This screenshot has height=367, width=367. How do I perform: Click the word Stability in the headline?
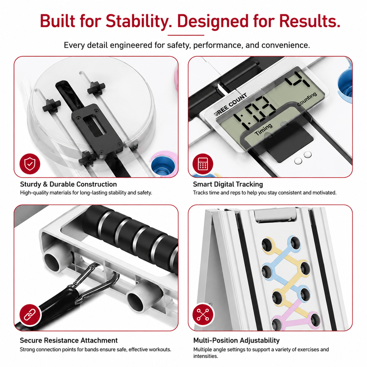pos(139,21)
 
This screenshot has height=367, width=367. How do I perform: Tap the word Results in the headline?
pos(310,21)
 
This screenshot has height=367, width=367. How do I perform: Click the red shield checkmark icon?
pos(30,163)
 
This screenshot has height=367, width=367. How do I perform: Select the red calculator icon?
pos(203,163)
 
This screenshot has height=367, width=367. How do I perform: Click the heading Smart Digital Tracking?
pos(228,185)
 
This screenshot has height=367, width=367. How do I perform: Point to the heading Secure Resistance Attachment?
pos(69,340)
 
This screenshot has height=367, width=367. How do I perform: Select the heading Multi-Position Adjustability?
pos(237,340)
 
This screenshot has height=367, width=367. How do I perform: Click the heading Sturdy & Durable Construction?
pos(68,184)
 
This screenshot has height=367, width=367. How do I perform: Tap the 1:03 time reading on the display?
pos(254,113)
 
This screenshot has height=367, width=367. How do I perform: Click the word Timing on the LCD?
pos(264,129)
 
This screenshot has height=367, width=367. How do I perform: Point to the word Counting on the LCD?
pos(307,99)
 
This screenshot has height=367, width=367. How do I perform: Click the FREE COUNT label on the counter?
pos(231,104)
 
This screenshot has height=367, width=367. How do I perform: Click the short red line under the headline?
pos(186,35)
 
